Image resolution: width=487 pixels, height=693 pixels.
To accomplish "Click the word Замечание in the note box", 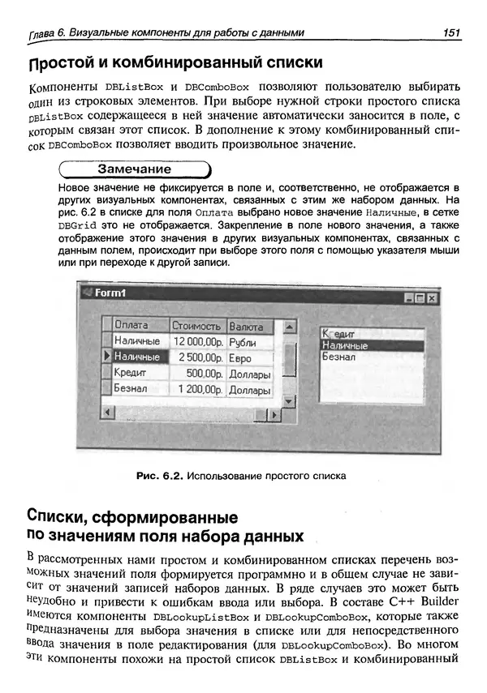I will (134, 170).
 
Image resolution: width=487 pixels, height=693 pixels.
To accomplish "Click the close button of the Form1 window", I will (432, 298).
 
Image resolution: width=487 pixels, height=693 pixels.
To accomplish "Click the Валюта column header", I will (247, 326).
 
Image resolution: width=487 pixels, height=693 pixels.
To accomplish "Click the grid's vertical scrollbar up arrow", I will (287, 326).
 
